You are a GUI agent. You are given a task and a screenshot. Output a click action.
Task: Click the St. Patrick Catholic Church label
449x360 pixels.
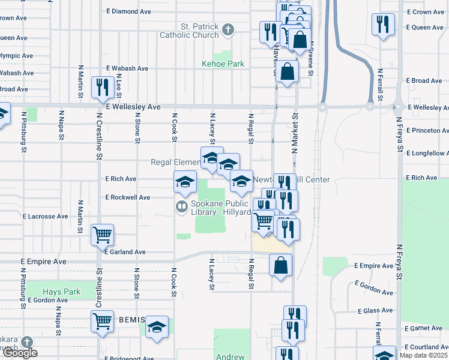[189, 31]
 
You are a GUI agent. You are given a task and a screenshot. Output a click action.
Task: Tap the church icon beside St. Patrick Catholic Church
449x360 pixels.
[228, 29]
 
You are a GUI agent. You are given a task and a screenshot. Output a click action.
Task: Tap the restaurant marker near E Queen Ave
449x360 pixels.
[383, 25]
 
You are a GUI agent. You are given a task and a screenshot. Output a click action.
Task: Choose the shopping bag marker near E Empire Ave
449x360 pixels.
[280, 265]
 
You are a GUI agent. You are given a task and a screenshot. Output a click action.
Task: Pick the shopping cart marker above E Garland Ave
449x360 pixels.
[102, 234]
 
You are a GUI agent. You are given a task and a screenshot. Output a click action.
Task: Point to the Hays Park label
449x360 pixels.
[62, 292]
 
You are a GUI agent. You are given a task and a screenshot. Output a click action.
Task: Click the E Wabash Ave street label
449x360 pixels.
[127, 68]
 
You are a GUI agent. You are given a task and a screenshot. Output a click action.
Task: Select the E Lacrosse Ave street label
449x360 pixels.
[46, 215]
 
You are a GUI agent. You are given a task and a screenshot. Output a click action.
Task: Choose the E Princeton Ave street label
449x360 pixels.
[427, 130]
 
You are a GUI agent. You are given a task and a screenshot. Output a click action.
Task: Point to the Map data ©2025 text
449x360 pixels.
[424, 355]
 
